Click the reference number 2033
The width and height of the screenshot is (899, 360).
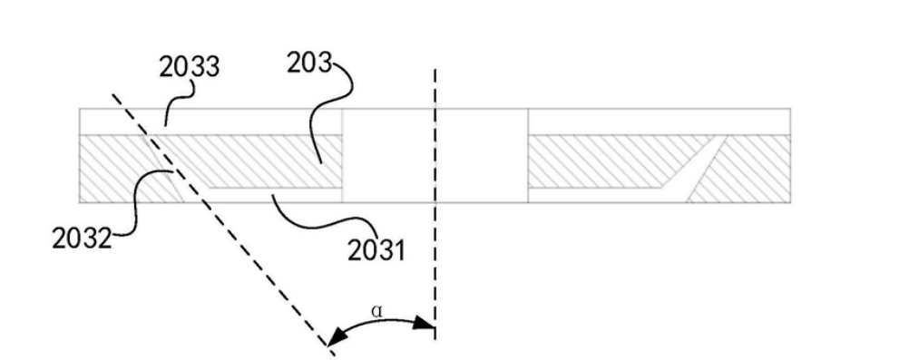click(x=190, y=67)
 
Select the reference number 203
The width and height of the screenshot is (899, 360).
click(x=309, y=63)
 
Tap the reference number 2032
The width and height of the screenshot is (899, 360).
click(x=82, y=238)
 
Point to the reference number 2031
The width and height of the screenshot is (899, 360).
click(x=376, y=250)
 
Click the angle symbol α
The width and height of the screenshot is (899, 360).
click(x=376, y=311)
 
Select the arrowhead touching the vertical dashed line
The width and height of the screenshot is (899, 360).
click(x=424, y=324)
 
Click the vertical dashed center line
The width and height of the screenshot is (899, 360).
click(x=435, y=204)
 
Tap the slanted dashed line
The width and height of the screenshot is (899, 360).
click(x=222, y=224)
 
